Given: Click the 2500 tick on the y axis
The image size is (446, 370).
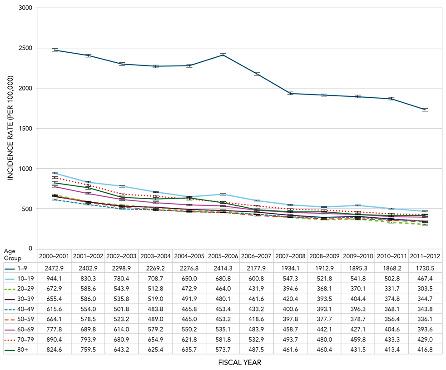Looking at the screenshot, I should pos(25,48).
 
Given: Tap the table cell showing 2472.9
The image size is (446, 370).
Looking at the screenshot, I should pos(54,268).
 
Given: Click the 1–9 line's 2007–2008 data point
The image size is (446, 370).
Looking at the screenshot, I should pos(290,93).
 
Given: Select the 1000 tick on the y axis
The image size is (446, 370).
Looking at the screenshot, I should pos(25,169).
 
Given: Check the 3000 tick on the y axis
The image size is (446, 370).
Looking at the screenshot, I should pos(25,8).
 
